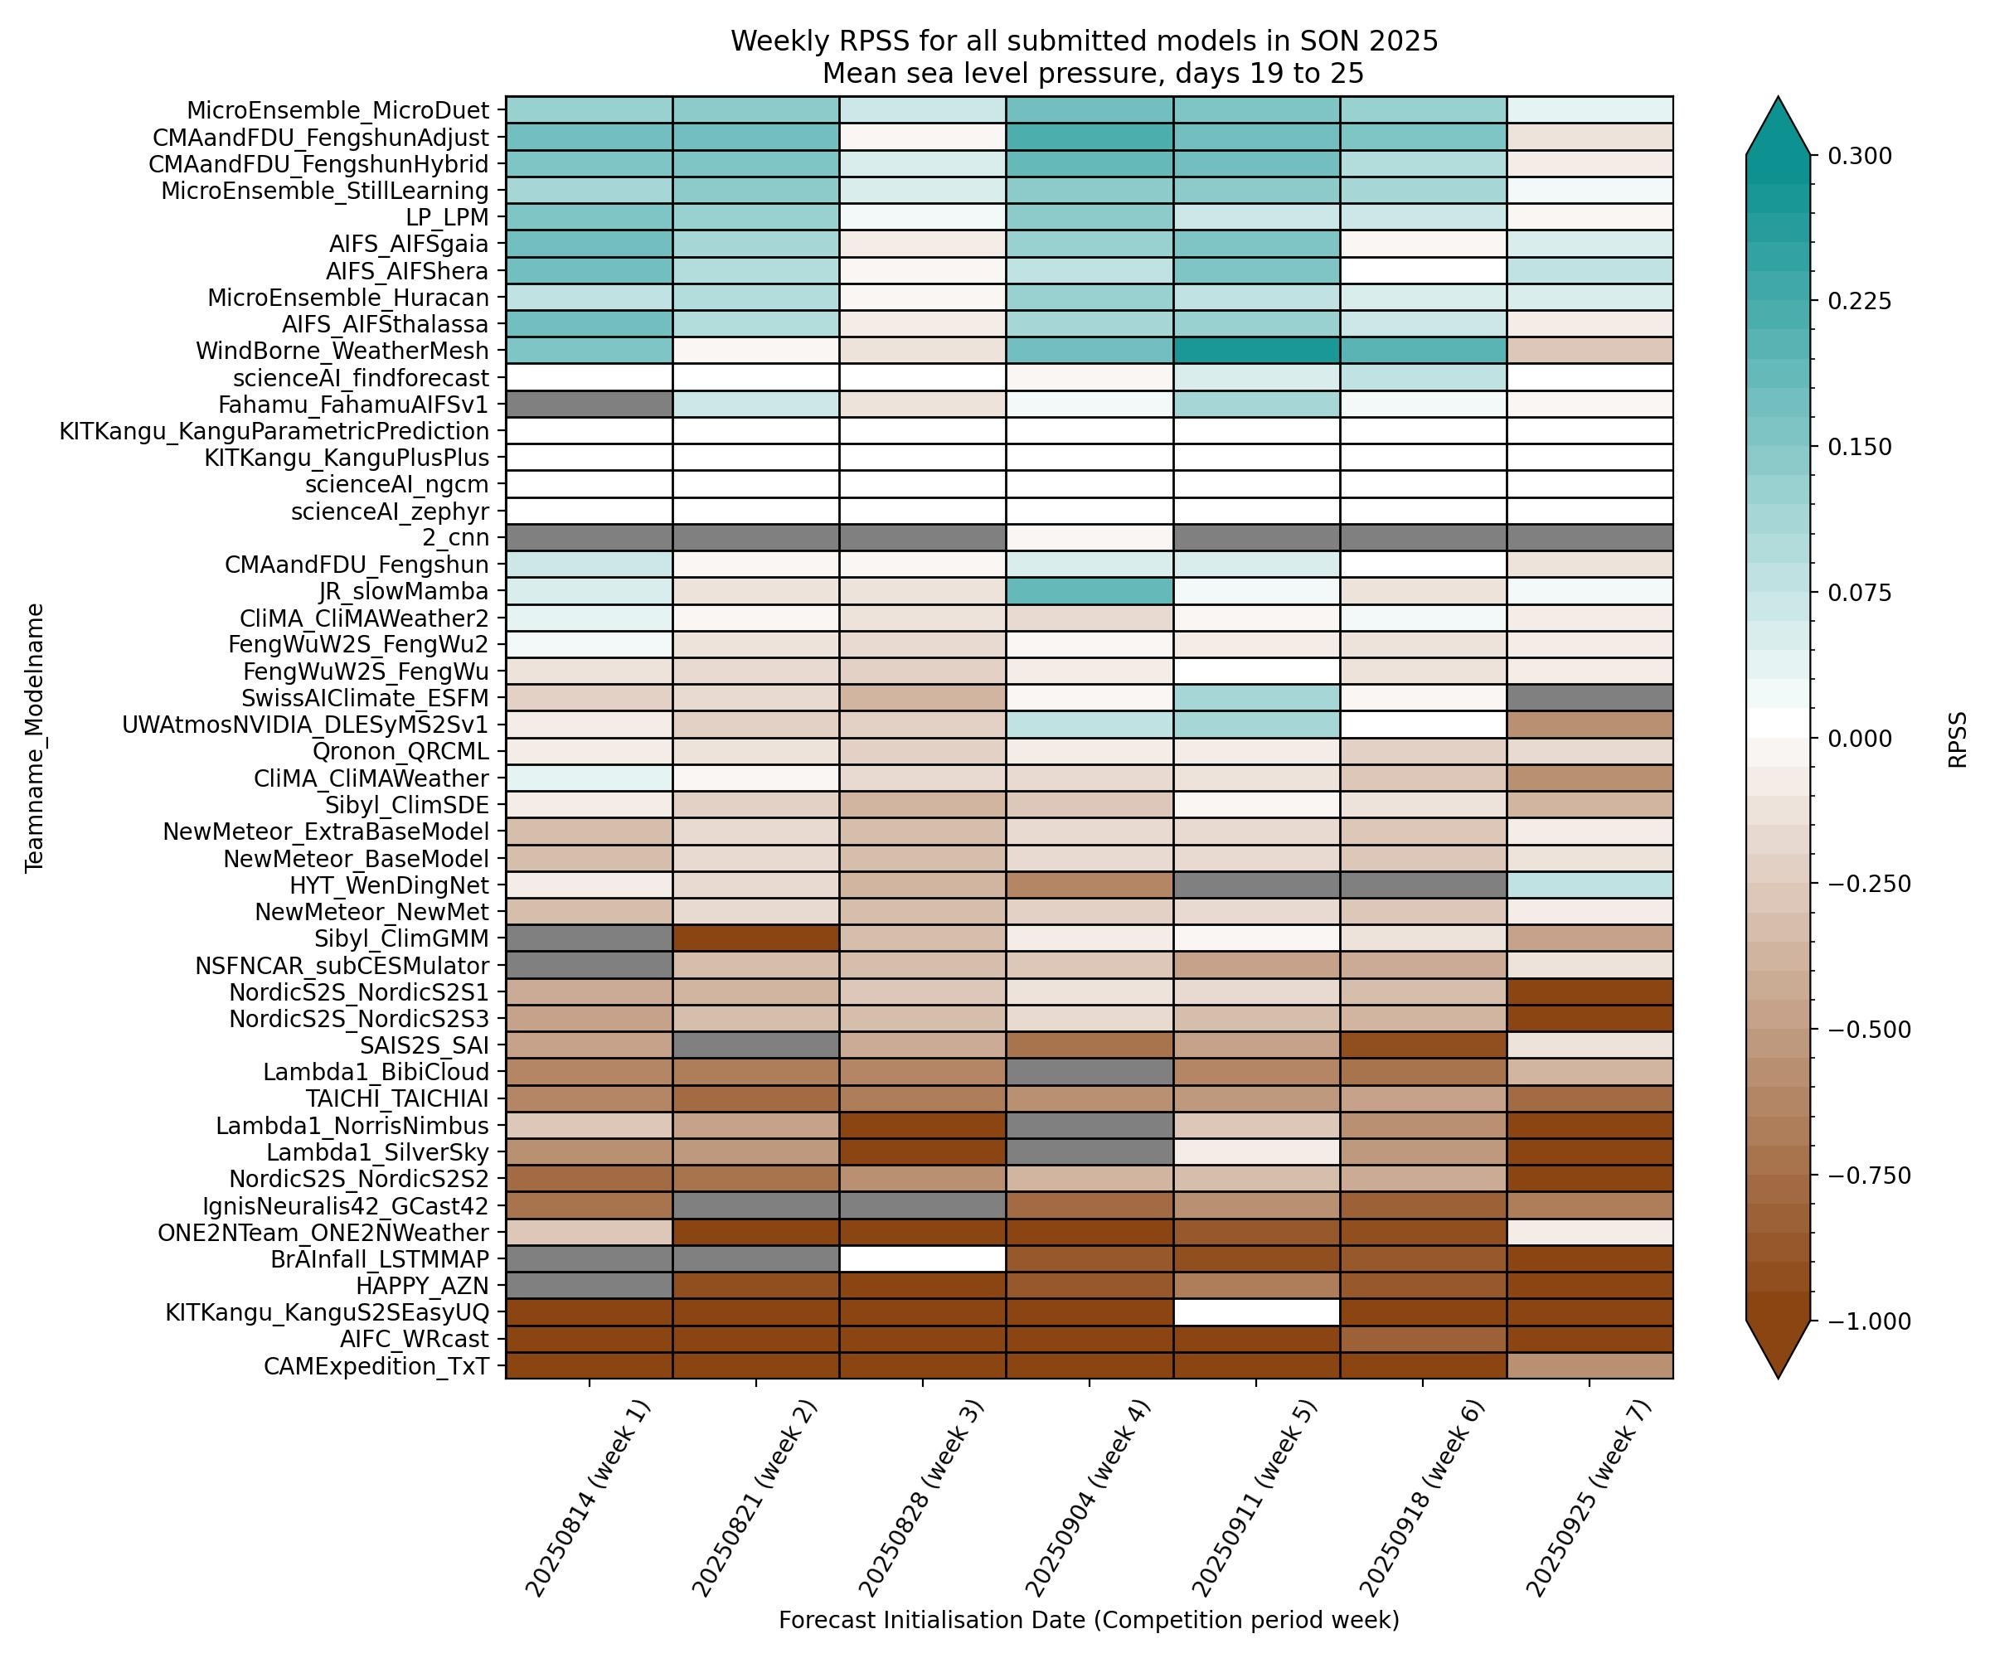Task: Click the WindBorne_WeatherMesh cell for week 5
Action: (x=1255, y=351)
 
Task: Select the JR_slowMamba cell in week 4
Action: (x=1089, y=592)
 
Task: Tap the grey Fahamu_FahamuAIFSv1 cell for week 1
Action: (x=589, y=405)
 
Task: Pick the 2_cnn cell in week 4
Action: (x=1089, y=538)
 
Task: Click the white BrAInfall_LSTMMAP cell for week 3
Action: (x=922, y=1259)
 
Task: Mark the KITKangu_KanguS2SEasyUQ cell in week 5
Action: (x=1255, y=1312)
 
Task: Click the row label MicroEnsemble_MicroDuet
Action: (x=337, y=110)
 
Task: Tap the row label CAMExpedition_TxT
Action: (x=376, y=1366)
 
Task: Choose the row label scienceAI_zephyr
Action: (x=390, y=511)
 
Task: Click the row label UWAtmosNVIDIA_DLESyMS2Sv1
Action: (x=305, y=725)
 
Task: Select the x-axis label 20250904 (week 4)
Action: (x=1075, y=1497)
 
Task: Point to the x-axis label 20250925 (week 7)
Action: (x=1576, y=1497)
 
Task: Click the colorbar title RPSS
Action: (x=1957, y=739)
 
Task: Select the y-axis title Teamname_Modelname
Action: (x=35, y=737)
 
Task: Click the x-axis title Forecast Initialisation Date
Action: (x=1088, y=1620)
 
